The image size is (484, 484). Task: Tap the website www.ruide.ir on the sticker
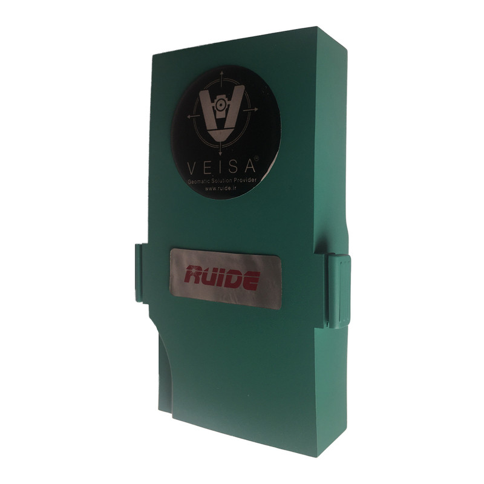coord(221,188)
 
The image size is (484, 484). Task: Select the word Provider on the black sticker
coord(246,180)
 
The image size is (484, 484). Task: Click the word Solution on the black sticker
coord(222,181)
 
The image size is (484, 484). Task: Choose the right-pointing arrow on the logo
coord(250,110)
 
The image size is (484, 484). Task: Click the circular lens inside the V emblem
coord(220,105)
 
